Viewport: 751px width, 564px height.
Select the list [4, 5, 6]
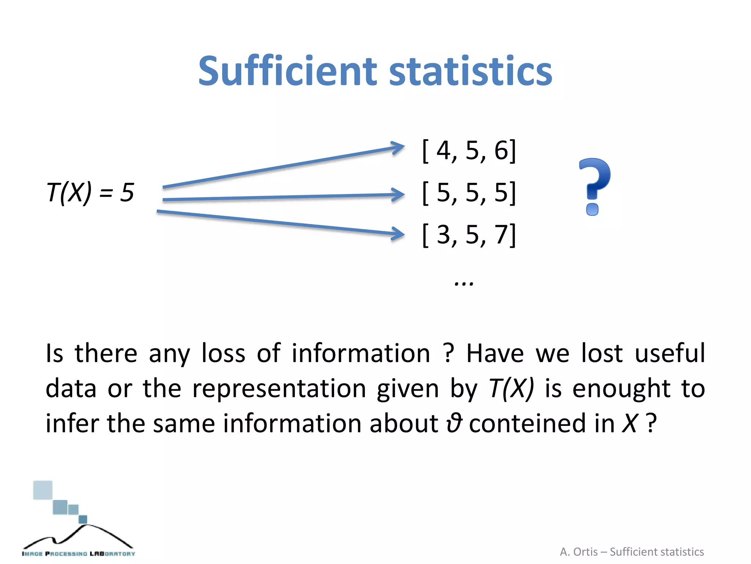(x=469, y=151)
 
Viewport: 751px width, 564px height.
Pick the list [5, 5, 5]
(x=469, y=192)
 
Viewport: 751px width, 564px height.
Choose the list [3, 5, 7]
(x=469, y=235)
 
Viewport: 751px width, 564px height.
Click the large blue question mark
(x=594, y=185)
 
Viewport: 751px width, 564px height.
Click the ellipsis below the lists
(x=464, y=283)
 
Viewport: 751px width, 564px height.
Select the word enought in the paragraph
(x=621, y=388)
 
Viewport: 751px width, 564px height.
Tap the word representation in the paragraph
(x=279, y=388)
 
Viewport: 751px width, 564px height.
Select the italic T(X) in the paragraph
(x=511, y=388)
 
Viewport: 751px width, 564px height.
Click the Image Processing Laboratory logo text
(x=78, y=553)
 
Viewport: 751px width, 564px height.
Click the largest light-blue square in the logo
(x=43, y=490)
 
